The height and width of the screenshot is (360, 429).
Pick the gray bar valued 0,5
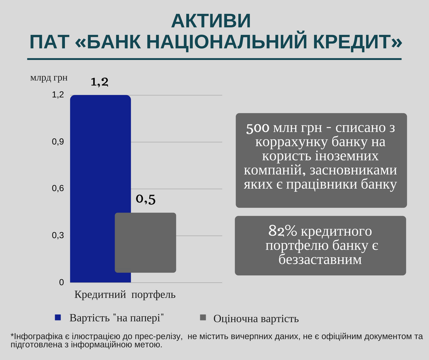click(x=145, y=243)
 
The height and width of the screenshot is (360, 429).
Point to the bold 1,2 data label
click(x=99, y=82)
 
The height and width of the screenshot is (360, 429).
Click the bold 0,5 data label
click(x=146, y=199)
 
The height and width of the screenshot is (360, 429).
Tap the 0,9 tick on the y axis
click(x=58, y=142)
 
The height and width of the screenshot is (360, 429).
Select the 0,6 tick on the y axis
click(x=58, y=189)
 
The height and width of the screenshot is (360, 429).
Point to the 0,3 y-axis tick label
click(x=58, y=236)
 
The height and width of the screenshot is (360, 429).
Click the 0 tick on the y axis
click(x=61, y=282)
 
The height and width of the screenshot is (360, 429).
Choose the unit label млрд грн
click(x=49, y=78)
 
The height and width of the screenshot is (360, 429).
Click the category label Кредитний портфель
click(x=125, y=295)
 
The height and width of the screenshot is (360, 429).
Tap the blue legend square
click(x=58, y=318)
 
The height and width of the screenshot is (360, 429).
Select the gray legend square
click(x=203, y=318)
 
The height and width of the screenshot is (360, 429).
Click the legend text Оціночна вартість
click(x=256, y=318)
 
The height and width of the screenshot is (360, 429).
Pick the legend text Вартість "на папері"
click(x=116, y=318)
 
